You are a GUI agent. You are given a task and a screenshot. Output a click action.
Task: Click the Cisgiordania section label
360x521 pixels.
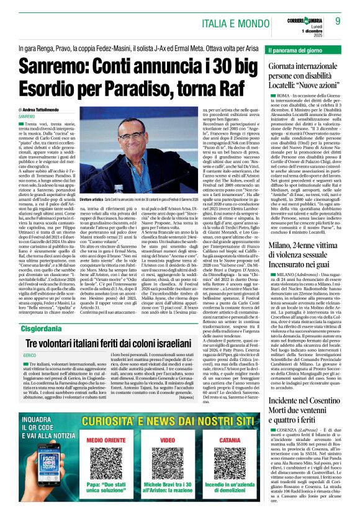41,329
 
